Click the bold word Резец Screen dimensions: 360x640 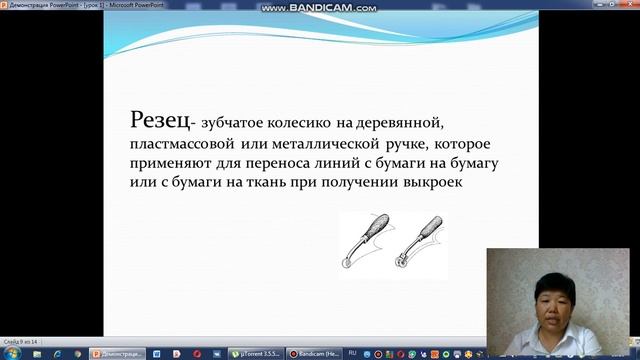(x=158, y=121)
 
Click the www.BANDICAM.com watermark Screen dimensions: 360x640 (x=319, y=8)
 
